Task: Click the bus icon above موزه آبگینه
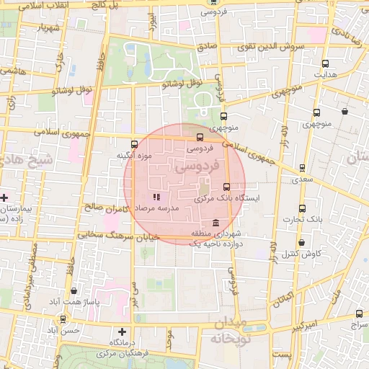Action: point(134,145)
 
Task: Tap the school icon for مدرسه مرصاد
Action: point(156,197)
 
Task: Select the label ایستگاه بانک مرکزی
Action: point(252,197)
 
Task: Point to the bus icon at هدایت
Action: point(325,63)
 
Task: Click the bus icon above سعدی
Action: point(302,167)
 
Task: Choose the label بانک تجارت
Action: point(301,219)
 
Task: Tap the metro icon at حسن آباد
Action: point(63,319)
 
